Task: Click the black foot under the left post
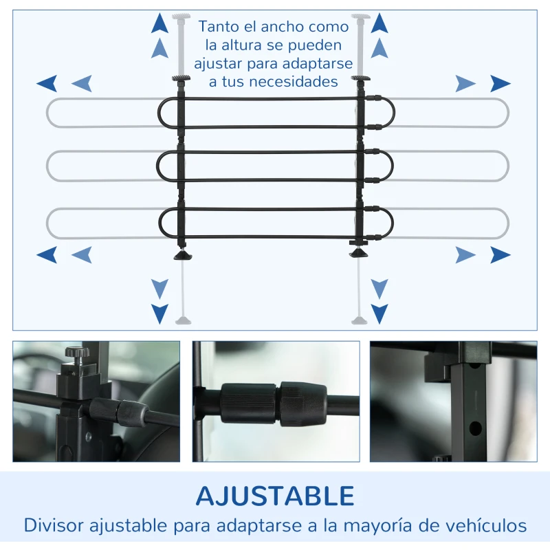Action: click(x=184, y=255)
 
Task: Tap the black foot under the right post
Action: click(x=358, y=252)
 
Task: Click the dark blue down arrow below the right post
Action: click(x=379, y=313)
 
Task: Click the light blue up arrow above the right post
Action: click(x=379, y=48)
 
